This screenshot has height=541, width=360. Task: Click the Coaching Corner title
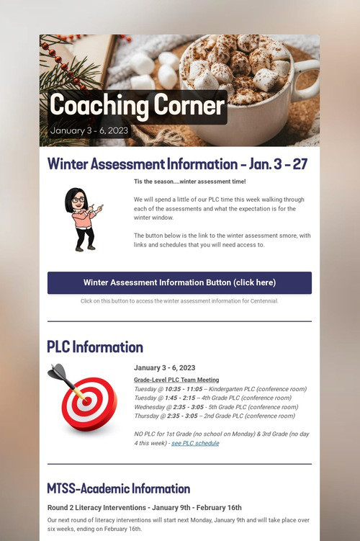(138, 105)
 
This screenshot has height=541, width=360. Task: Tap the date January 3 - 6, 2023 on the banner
(89, 130)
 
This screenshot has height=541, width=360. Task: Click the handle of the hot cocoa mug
(308, 79)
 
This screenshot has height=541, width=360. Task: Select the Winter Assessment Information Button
(179, 282)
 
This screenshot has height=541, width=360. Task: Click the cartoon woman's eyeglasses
(78, 200)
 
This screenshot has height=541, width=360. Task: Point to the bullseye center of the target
(87, 401)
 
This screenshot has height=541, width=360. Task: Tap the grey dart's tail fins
(57, 371)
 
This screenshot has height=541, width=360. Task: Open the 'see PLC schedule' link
(195, 443)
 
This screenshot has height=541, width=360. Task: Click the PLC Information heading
(95, 346)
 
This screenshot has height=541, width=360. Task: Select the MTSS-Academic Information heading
(119, 488)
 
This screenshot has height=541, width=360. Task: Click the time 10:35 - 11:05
(184, 389)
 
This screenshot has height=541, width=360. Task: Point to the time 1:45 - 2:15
(180, 398)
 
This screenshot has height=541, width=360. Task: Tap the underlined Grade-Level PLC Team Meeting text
(176, 380)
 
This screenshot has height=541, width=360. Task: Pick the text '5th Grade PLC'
(228, 407)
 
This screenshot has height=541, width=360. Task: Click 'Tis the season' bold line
(190, 182)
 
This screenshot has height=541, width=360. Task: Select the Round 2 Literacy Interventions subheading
(145, 508)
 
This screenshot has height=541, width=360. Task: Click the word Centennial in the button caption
(264, 301)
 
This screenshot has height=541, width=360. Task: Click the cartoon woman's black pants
(85, 237)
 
